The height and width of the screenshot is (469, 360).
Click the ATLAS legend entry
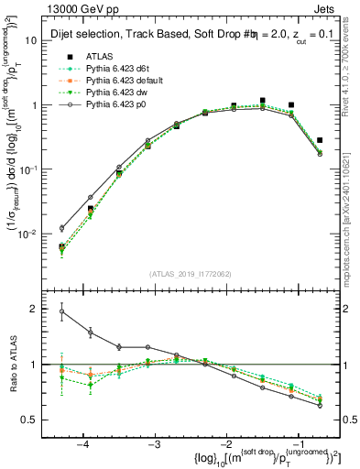click(98, 56)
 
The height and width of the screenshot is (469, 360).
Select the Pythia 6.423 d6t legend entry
click(114, 69)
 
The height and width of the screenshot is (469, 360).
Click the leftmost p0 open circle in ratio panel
click(62, 311)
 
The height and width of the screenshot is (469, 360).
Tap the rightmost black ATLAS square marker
click(320, 140)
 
